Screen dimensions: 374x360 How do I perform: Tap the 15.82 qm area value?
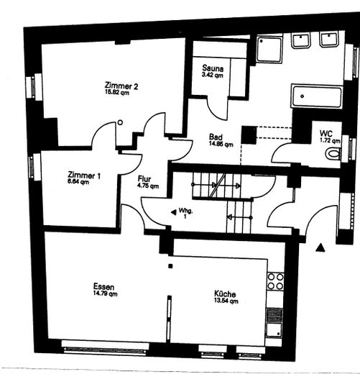tap(118, 93)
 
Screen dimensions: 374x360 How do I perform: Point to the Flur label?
tap(146, 180)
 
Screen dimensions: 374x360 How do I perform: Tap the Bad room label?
tap(216, 137)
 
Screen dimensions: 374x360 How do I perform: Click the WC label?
tap(326, 133)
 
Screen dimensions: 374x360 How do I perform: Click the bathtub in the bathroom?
tap(317, 96)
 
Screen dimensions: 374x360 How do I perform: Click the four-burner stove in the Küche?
tap(275, 281)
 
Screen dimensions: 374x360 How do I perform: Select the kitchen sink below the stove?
tap(274, 321)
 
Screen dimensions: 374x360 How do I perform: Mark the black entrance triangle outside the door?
tap(321, 247)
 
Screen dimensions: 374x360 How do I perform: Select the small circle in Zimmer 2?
tap(120, 122)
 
